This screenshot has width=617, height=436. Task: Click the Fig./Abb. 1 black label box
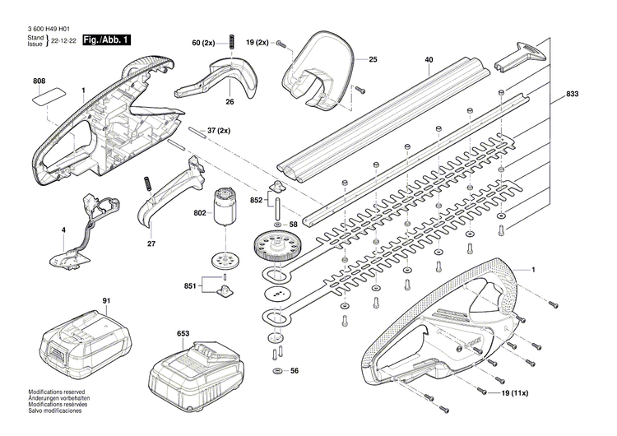106,39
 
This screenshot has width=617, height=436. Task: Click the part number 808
39,81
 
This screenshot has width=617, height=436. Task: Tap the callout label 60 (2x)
203,42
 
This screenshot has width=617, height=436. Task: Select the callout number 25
372,59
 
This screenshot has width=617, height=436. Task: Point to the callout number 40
429,60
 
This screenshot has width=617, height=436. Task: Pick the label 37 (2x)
219,131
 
